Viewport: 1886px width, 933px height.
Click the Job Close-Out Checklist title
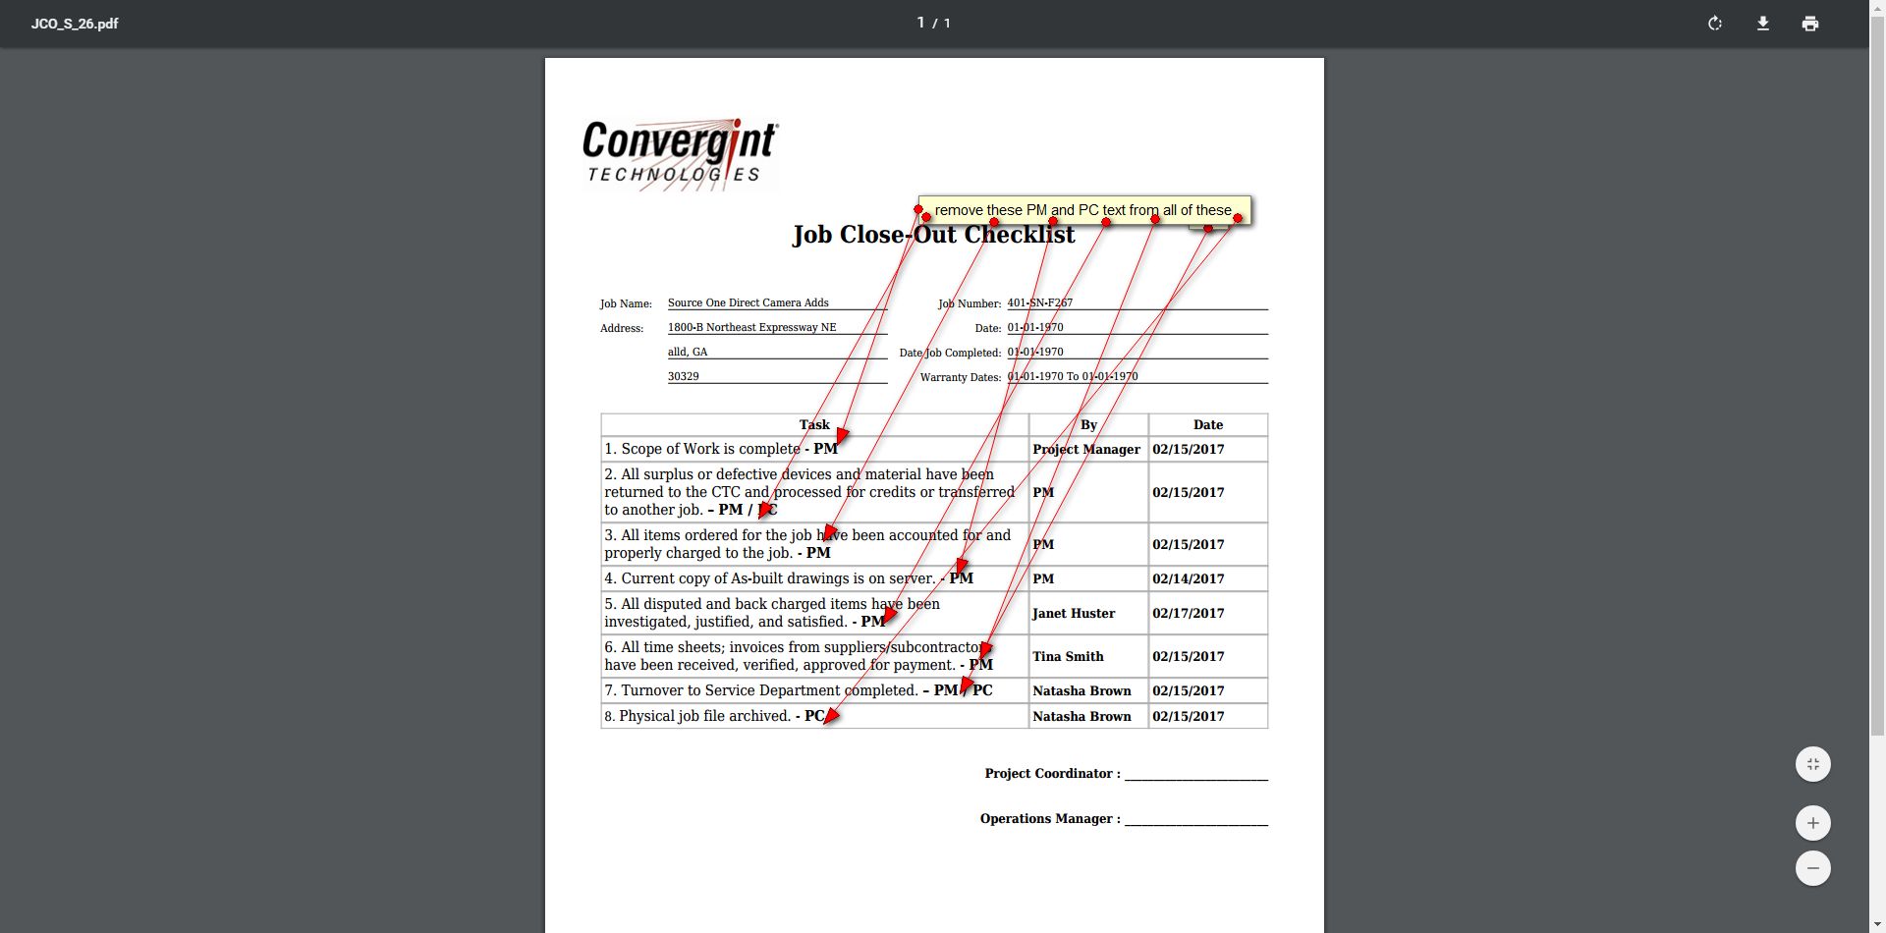tap(933, 236)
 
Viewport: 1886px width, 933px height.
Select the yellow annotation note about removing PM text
tap(1082, 210)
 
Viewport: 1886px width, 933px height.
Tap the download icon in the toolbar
tap(1763, 24)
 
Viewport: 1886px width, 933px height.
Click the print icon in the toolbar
tap(1810, 24)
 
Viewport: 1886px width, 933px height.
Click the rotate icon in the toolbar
tap(1715, 24)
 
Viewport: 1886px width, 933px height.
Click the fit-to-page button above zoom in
tap(1812, 764)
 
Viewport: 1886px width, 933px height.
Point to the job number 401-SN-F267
tap(1039, 302)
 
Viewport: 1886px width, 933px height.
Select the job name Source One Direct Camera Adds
tap(748, 302)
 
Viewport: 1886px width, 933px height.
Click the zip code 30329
tap(684, 376)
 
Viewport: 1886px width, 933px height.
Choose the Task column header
tap(814, 424)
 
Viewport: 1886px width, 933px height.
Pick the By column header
tap(1088, 424)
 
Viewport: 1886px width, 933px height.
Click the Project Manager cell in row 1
tap(1086, 449)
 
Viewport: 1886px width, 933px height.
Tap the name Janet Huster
tap(1074, 613)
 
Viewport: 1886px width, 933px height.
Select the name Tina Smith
tap(1068, 656)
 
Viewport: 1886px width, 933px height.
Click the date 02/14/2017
tap(1189, 578)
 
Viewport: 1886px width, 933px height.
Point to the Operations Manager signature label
tap(1049, 818)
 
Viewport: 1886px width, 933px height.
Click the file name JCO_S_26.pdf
tap(75, 24)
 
